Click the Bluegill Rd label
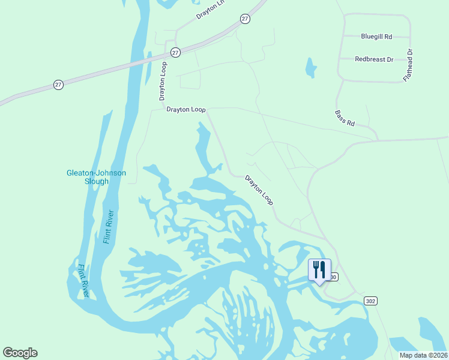(x=376, y=37)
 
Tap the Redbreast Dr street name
(x=374, y=59)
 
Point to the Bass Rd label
(x=345, y=118)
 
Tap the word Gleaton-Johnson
(x=96, y=173)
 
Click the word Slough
(x=96, y=181)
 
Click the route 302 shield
(x=370, y=301)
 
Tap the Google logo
(x=20, y=353)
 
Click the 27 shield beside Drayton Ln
(x=245, y=19)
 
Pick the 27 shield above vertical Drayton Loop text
(x=175, y=53)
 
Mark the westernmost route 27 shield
(x=58, y=85)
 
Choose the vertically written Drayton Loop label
(x=163, y=80)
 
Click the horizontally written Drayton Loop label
(x=186, y=110)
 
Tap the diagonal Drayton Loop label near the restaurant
(x=259, y=191)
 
